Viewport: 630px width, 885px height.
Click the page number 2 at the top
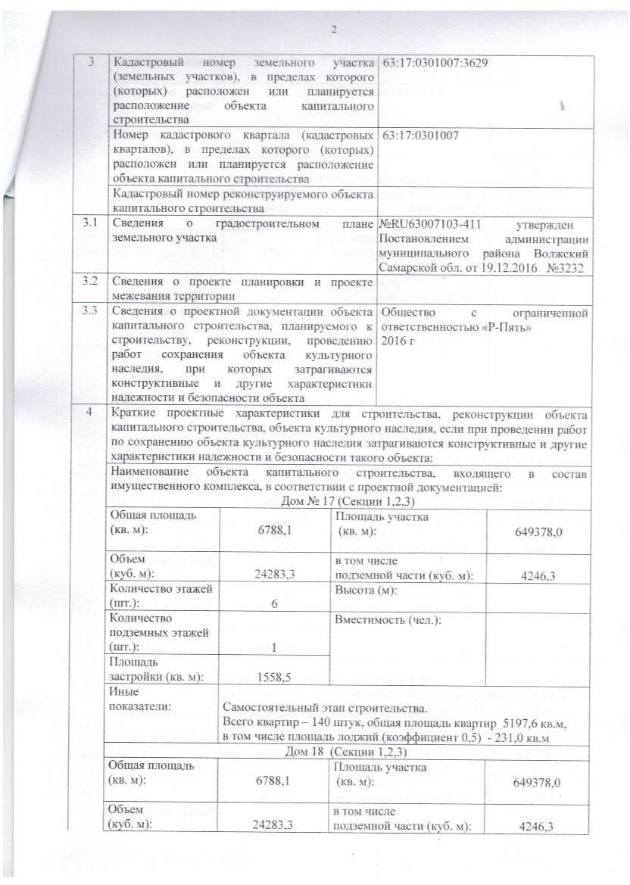[x=333, y=30]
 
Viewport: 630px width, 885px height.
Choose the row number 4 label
[x=91, y=414]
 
